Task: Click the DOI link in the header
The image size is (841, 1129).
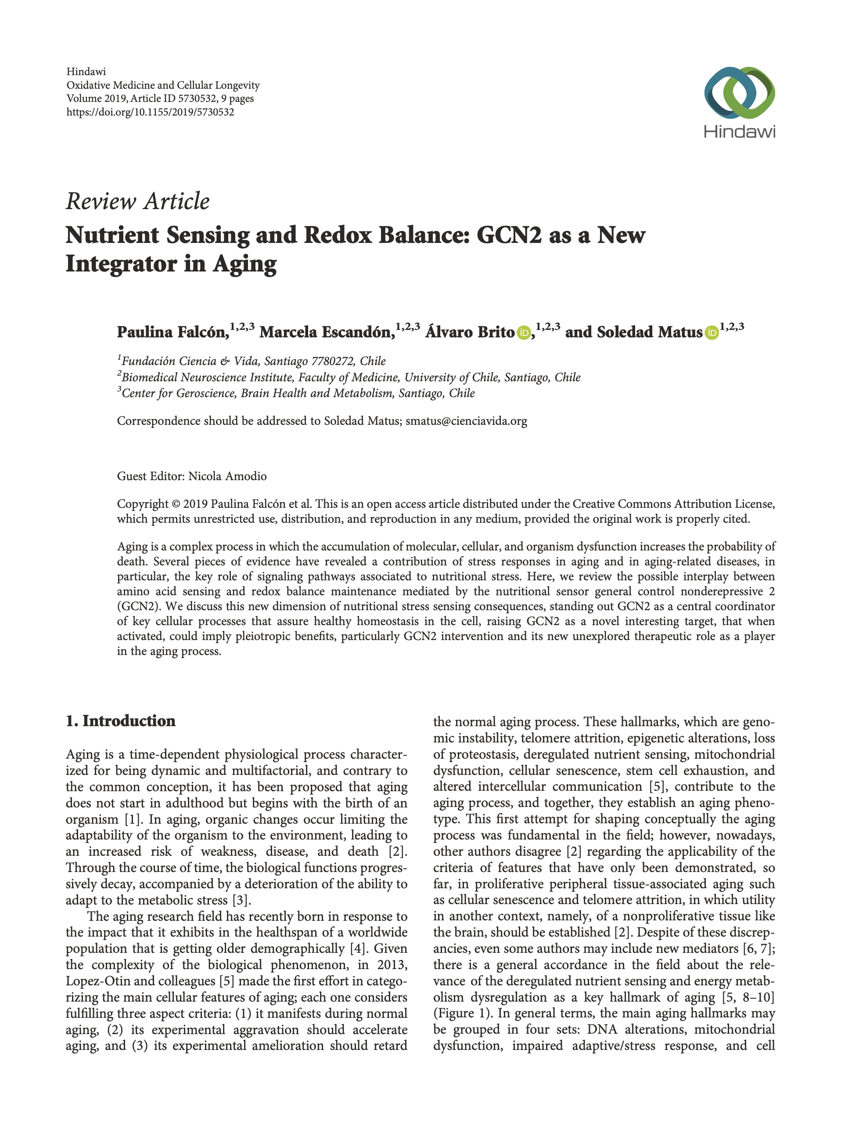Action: [x=150, y=112]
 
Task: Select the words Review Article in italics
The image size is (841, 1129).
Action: [x=137, y=202]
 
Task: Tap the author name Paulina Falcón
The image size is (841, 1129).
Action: [x=172, y=332]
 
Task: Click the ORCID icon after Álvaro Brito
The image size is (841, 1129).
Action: [x=523, y=333]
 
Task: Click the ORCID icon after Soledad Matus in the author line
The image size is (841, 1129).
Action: [x=711, y=333]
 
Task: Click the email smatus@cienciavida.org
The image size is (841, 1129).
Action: [x=466, y=421]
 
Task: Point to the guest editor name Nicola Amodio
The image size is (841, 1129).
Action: [x=227, y=476]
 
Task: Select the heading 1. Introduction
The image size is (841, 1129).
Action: [x=121, y=721]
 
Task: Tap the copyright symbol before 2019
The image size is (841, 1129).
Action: [x=176, y=504]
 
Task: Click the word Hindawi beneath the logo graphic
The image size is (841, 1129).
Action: [x=739, y=132]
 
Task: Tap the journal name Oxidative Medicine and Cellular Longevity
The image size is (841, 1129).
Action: [x=163, y=86]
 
